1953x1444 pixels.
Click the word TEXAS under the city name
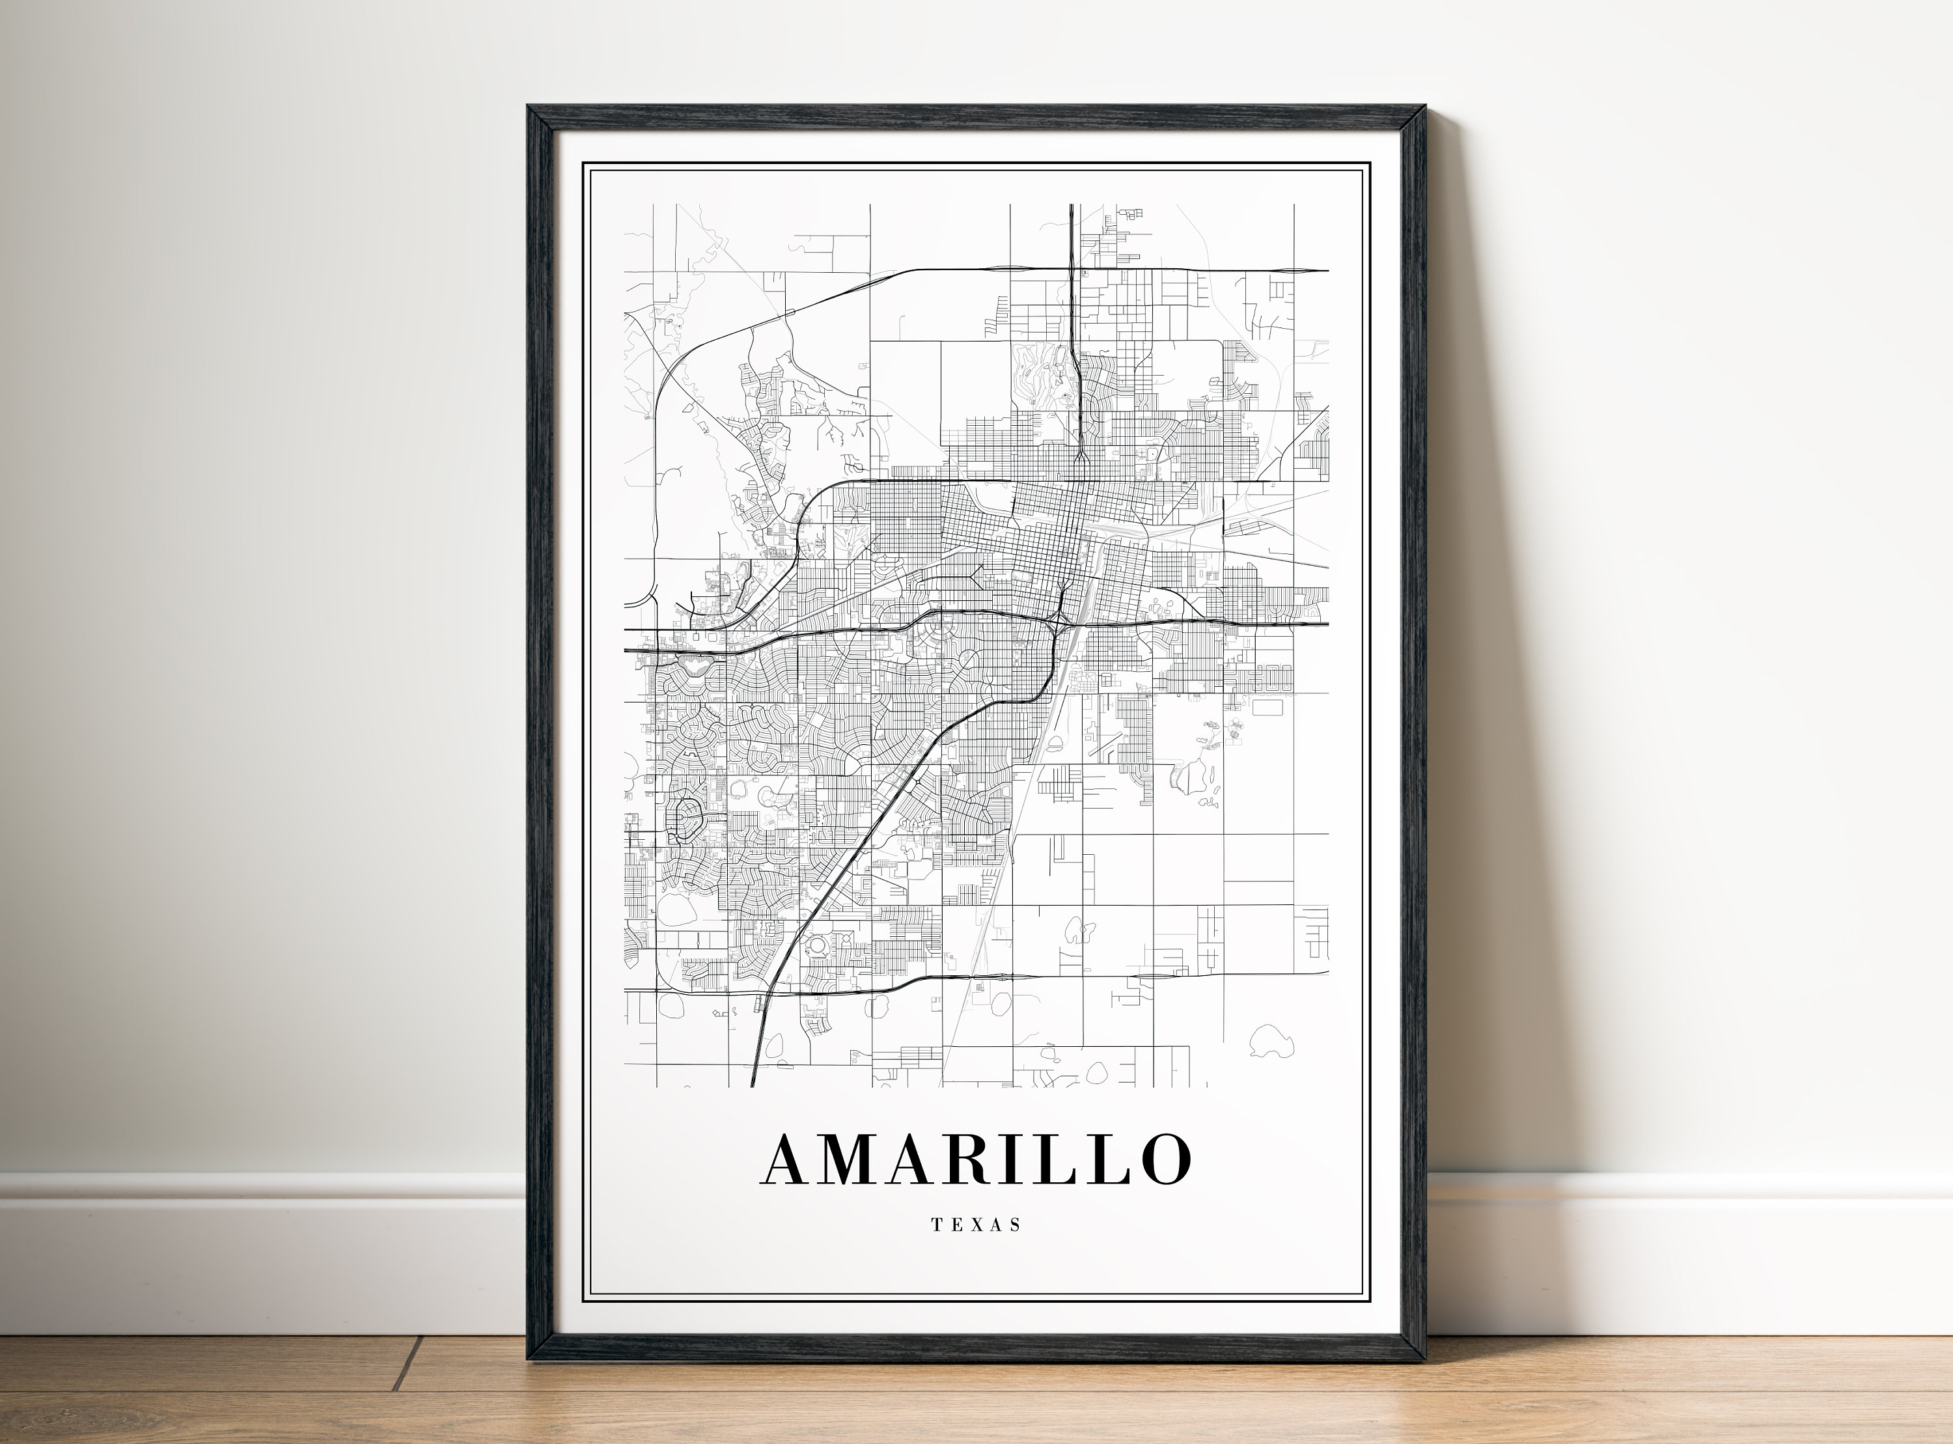(x=976, y=1225)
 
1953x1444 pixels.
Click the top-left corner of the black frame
(x=529, y=107)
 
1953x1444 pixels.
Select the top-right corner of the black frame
(x=1425, y=107)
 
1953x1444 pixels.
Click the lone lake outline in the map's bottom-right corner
(x=1271, y=1041)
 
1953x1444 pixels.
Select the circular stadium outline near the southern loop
(x=819, y=947)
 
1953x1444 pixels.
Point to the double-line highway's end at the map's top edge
(x=1072, y=206)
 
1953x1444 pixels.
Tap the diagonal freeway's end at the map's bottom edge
(x=753, y=1085)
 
